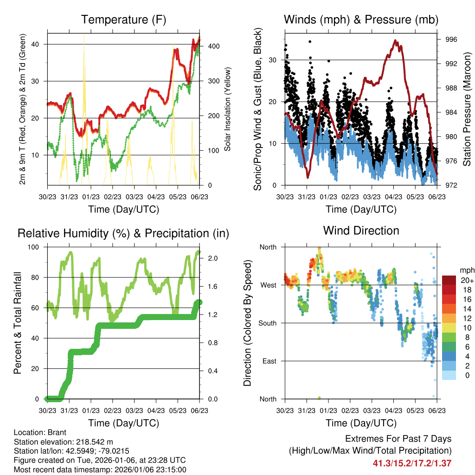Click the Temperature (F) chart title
point(123,19)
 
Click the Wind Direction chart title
point(361,231)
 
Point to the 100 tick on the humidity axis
point(36,247)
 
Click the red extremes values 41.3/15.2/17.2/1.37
point(412,463)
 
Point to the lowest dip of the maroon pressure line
point(308,177)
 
